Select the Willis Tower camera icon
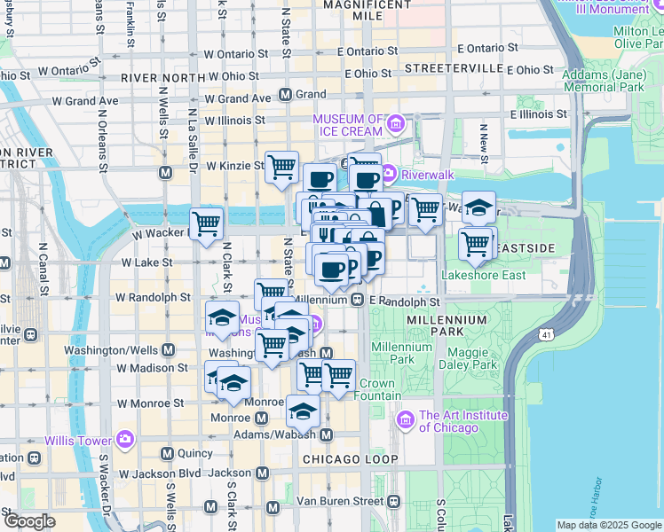[x=125, y=439]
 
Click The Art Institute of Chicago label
[x=463, y=421]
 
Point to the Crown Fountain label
[x=376, y=390]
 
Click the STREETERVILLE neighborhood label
[x=447, y=68]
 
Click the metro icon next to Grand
[x=286, y=94]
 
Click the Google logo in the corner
[x=29, y=520]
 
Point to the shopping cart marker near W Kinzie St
[x=281, y=166]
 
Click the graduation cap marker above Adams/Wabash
[x=303, y=411]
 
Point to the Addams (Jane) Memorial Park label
[x=603, y=82]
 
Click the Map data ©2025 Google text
[x=608, y=525]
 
